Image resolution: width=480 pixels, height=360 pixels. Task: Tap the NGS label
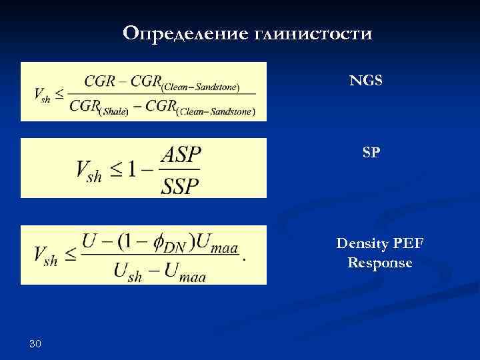367,81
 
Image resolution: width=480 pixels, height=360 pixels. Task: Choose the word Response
380,263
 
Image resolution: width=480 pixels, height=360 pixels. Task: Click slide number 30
35,343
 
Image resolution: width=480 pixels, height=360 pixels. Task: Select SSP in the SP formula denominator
180,185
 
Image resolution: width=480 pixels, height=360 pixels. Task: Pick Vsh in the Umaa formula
45,255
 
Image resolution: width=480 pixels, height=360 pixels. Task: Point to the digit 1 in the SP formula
133,169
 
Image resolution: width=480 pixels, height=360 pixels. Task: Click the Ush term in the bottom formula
129,271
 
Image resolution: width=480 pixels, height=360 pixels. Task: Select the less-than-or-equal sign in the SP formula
115,169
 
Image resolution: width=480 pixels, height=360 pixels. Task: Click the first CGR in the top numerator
99,81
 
